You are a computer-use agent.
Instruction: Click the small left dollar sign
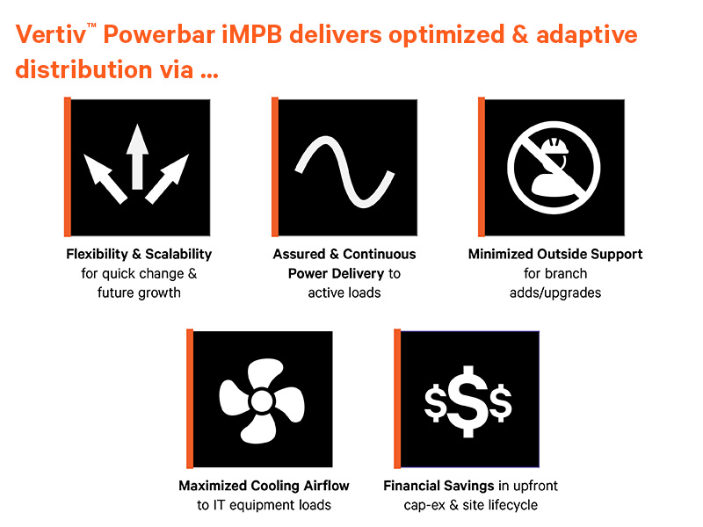[435, 404]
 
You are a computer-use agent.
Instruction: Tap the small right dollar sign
[501, 404]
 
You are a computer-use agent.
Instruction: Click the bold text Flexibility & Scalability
[139, 254]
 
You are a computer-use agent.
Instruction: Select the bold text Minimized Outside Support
[555, 254]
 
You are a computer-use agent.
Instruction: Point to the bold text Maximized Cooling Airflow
[264, 486]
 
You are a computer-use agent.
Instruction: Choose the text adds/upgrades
[555, 292]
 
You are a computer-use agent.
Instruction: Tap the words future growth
[139, 292]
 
